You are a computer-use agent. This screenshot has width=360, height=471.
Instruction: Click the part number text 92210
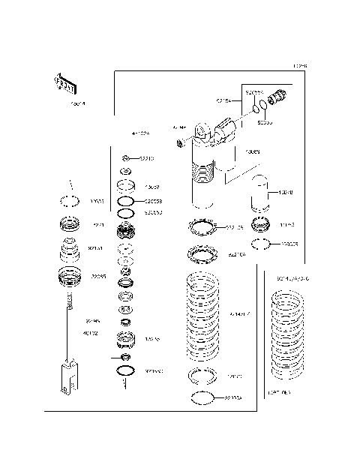[x=146, y=158]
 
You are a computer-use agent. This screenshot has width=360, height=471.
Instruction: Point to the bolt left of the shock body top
[x=180, y=142]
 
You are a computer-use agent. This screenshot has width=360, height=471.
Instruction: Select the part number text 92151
[x=96, y=247]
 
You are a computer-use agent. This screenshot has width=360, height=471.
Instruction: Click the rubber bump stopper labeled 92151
[x=70, y=249]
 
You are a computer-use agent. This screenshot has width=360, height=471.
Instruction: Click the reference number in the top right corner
[x=300, y=66]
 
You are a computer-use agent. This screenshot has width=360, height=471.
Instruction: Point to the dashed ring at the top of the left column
[x=70, y=201]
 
